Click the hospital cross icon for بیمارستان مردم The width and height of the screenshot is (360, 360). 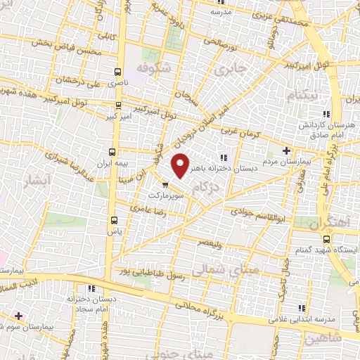(x=286, y=150)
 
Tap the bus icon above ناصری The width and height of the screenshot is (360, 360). (x=117, y=72)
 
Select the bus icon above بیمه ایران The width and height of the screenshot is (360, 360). (x=112, y=151)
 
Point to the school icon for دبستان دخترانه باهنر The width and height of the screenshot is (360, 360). (x=223, y=157)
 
